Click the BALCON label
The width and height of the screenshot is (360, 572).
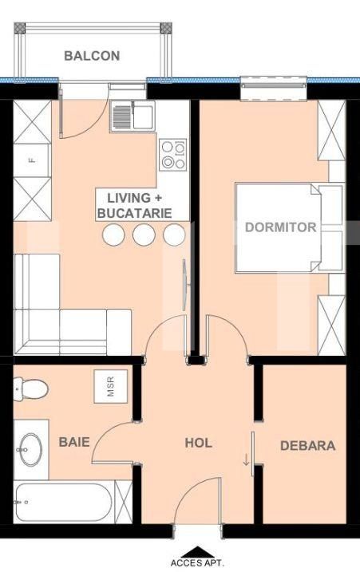[x=92, y=56]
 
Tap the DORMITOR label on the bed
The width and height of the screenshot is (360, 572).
[x=280, y=227]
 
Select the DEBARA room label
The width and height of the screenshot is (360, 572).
[x=308, y=445]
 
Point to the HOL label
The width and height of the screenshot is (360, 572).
[x=198, y=443]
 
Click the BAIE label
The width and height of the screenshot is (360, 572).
[x=74, y=442]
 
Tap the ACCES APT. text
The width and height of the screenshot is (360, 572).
[x=197, y=563]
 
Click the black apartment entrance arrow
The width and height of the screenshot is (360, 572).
[x=197, y=552]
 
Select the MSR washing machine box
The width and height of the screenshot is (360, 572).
[x=111, y=386]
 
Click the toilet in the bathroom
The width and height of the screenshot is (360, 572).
[x=30, y=389]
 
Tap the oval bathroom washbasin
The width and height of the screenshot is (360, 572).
[x=30, y=449]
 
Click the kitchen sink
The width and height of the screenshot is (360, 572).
[x=133, y=116]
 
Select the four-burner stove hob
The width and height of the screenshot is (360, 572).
[x=173, y=155]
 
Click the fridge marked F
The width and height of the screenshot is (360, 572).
[x=31, y=160]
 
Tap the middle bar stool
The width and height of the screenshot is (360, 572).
[x=144, y=235]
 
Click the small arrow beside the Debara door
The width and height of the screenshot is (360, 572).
[x=246, y=460]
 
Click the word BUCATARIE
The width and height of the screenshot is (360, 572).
[x=135, y=214]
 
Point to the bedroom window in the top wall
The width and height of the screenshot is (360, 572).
[x=274, y=88]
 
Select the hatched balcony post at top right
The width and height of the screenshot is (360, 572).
[x=166, y=28]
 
